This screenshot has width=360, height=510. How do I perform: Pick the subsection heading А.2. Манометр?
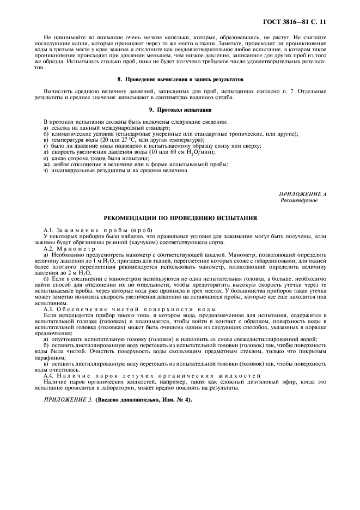tap(69, 248)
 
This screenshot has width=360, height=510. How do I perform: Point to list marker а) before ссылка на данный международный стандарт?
tap(46, 127)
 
